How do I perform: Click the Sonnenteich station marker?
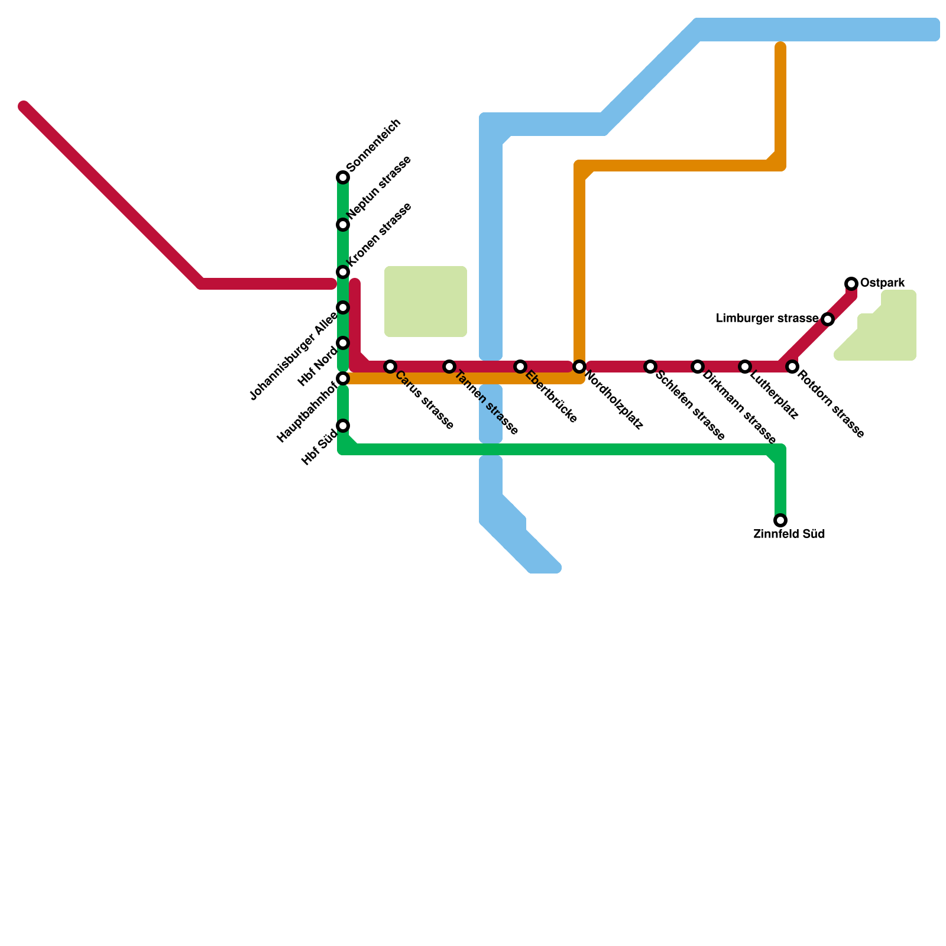(343, 177)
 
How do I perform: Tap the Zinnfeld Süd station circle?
(780, 520)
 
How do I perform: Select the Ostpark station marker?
(851, 284)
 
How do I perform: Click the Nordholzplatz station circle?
(579, 367)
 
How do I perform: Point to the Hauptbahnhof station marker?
(343, 378)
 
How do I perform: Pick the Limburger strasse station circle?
(828, 319)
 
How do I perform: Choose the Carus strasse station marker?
(390, 367)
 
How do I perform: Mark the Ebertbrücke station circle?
(520, 367)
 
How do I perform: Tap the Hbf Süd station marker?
(343, 426)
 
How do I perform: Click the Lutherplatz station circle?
(745, 367)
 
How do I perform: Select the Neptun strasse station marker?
(343, 225)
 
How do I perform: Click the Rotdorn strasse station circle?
(792, 367)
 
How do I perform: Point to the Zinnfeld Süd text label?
(789, 534)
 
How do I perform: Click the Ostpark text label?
(882, 283)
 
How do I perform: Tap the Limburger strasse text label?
(767, 319)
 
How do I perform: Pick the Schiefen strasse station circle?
(650, 367)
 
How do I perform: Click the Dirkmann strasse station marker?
(698, 367)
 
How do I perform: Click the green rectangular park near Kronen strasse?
(426, 302)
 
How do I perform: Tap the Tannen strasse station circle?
(449, 367)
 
